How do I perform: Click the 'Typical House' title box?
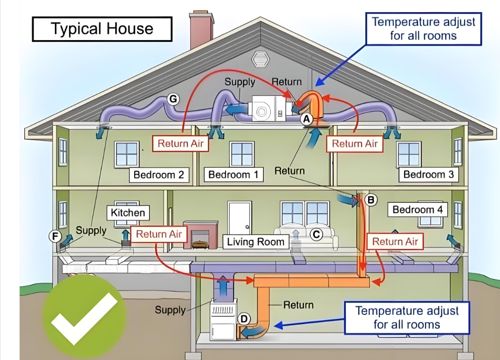pyautogui.click(x=102, y=29)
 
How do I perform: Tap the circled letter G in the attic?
pyautogui.click(x=173, y=99)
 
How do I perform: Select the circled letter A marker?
pyautogui.click(x=307, y=119)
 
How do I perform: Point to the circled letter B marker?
pyautogui.click(x=371, y=200)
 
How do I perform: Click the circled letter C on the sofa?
pyautogui.click(x=316, y=235)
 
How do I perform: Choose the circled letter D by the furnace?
pyautogui.click(x=244, y=319)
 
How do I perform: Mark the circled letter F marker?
pyautogui.click(x=55, y=237)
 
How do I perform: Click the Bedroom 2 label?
pyautogui.click(x=159, y=175)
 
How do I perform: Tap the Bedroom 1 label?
pyautogui.click(x=233, y=175)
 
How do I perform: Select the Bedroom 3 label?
pyautogui.click(x=429, y=175)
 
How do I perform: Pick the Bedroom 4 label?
pyautogui.click(x=418, y=210)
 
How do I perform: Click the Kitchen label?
pyautogui.click(x=128, y=212)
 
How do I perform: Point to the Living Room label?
pyautogui.click(x=255, y=242)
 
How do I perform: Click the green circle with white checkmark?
pyautogui.click(x=84, y=317)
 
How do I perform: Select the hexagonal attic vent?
pyautogui.click(x=260, y=59)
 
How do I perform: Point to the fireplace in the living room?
pyautogui.click(x=200, y=235)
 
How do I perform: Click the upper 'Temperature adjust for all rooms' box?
pyautogui.click(x=424, y=29)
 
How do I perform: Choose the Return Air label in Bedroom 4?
pyautogui.click(x=395, y=242)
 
